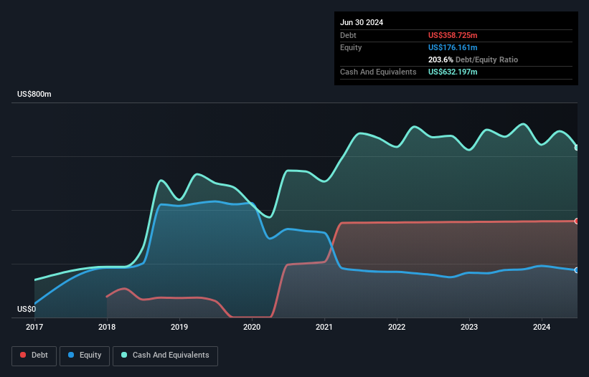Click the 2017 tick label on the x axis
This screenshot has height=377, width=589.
click(x=34, y=328)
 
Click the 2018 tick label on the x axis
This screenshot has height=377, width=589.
click(x=107, y=328)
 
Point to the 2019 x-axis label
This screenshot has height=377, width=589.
click(x=179, y=328)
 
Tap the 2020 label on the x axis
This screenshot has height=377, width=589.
click(x=252, y=328)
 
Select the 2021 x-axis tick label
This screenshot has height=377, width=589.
click(x=325, y=328)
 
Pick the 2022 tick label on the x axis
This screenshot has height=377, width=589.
click(x=397, y=328)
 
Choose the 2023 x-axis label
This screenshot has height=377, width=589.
click(x=469, y=328)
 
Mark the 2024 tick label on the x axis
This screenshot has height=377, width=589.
click(x=542, y=328)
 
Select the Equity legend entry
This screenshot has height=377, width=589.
click(x=85, y=355)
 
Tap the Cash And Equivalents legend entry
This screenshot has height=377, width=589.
click(x=165, y=355)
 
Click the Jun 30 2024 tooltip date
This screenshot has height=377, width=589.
click(x=362, y=22)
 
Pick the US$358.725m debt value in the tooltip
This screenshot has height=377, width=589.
click(x=453, y=35)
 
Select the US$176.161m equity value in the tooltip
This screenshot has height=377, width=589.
click(x=453, y=47)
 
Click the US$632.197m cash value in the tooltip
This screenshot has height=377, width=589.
click(x=453, y=72)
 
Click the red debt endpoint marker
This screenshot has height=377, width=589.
click(x=577, y=221)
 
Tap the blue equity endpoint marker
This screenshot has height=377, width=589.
click(x=577, y=270)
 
